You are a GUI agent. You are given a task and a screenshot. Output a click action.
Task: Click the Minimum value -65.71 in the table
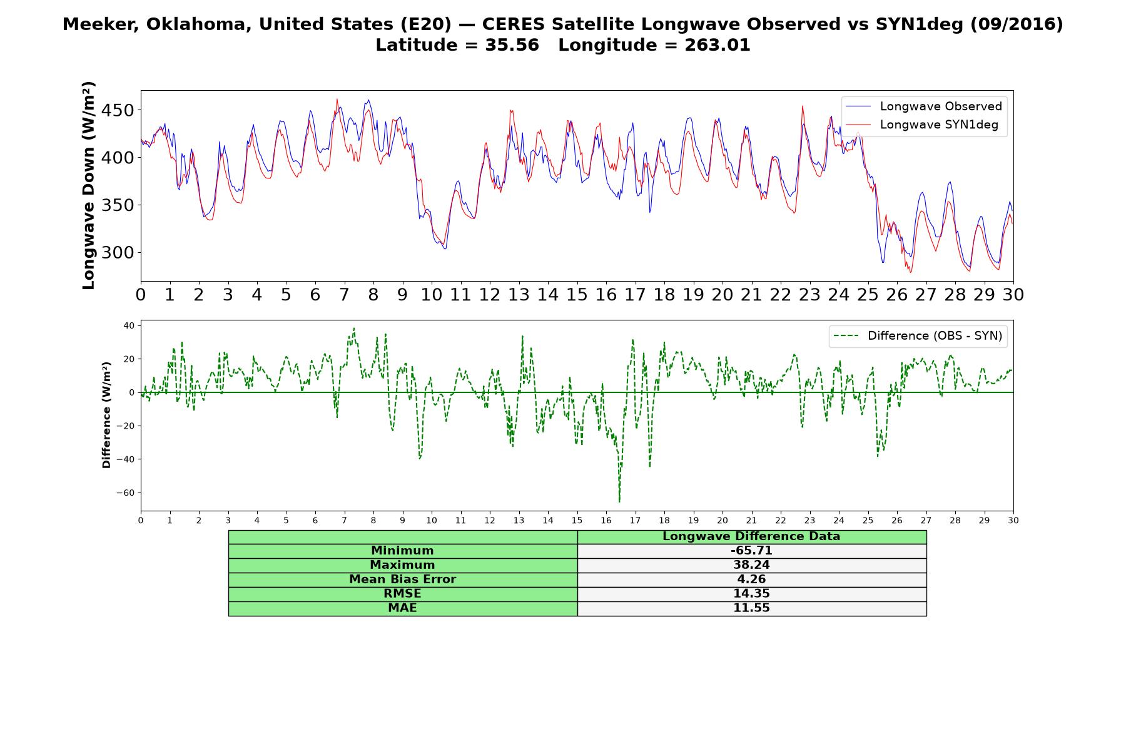751,551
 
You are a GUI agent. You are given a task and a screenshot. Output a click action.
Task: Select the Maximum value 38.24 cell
751,565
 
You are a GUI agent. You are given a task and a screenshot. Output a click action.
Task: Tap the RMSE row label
402,594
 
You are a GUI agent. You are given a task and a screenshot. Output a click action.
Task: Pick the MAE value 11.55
751,608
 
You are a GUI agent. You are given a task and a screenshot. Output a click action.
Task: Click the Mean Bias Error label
402,580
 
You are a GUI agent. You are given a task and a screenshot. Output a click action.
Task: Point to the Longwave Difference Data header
751,536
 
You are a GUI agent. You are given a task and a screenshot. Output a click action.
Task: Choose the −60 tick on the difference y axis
125,493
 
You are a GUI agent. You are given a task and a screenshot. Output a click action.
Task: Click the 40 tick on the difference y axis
129,325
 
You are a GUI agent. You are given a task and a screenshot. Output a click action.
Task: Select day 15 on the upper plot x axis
577,295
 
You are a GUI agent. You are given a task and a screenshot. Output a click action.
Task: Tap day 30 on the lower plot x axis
1013,521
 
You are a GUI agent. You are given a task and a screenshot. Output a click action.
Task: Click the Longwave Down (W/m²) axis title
88,185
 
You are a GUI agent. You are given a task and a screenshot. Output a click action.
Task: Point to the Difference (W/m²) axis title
106,415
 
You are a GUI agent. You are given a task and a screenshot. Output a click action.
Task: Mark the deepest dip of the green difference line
619,501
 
